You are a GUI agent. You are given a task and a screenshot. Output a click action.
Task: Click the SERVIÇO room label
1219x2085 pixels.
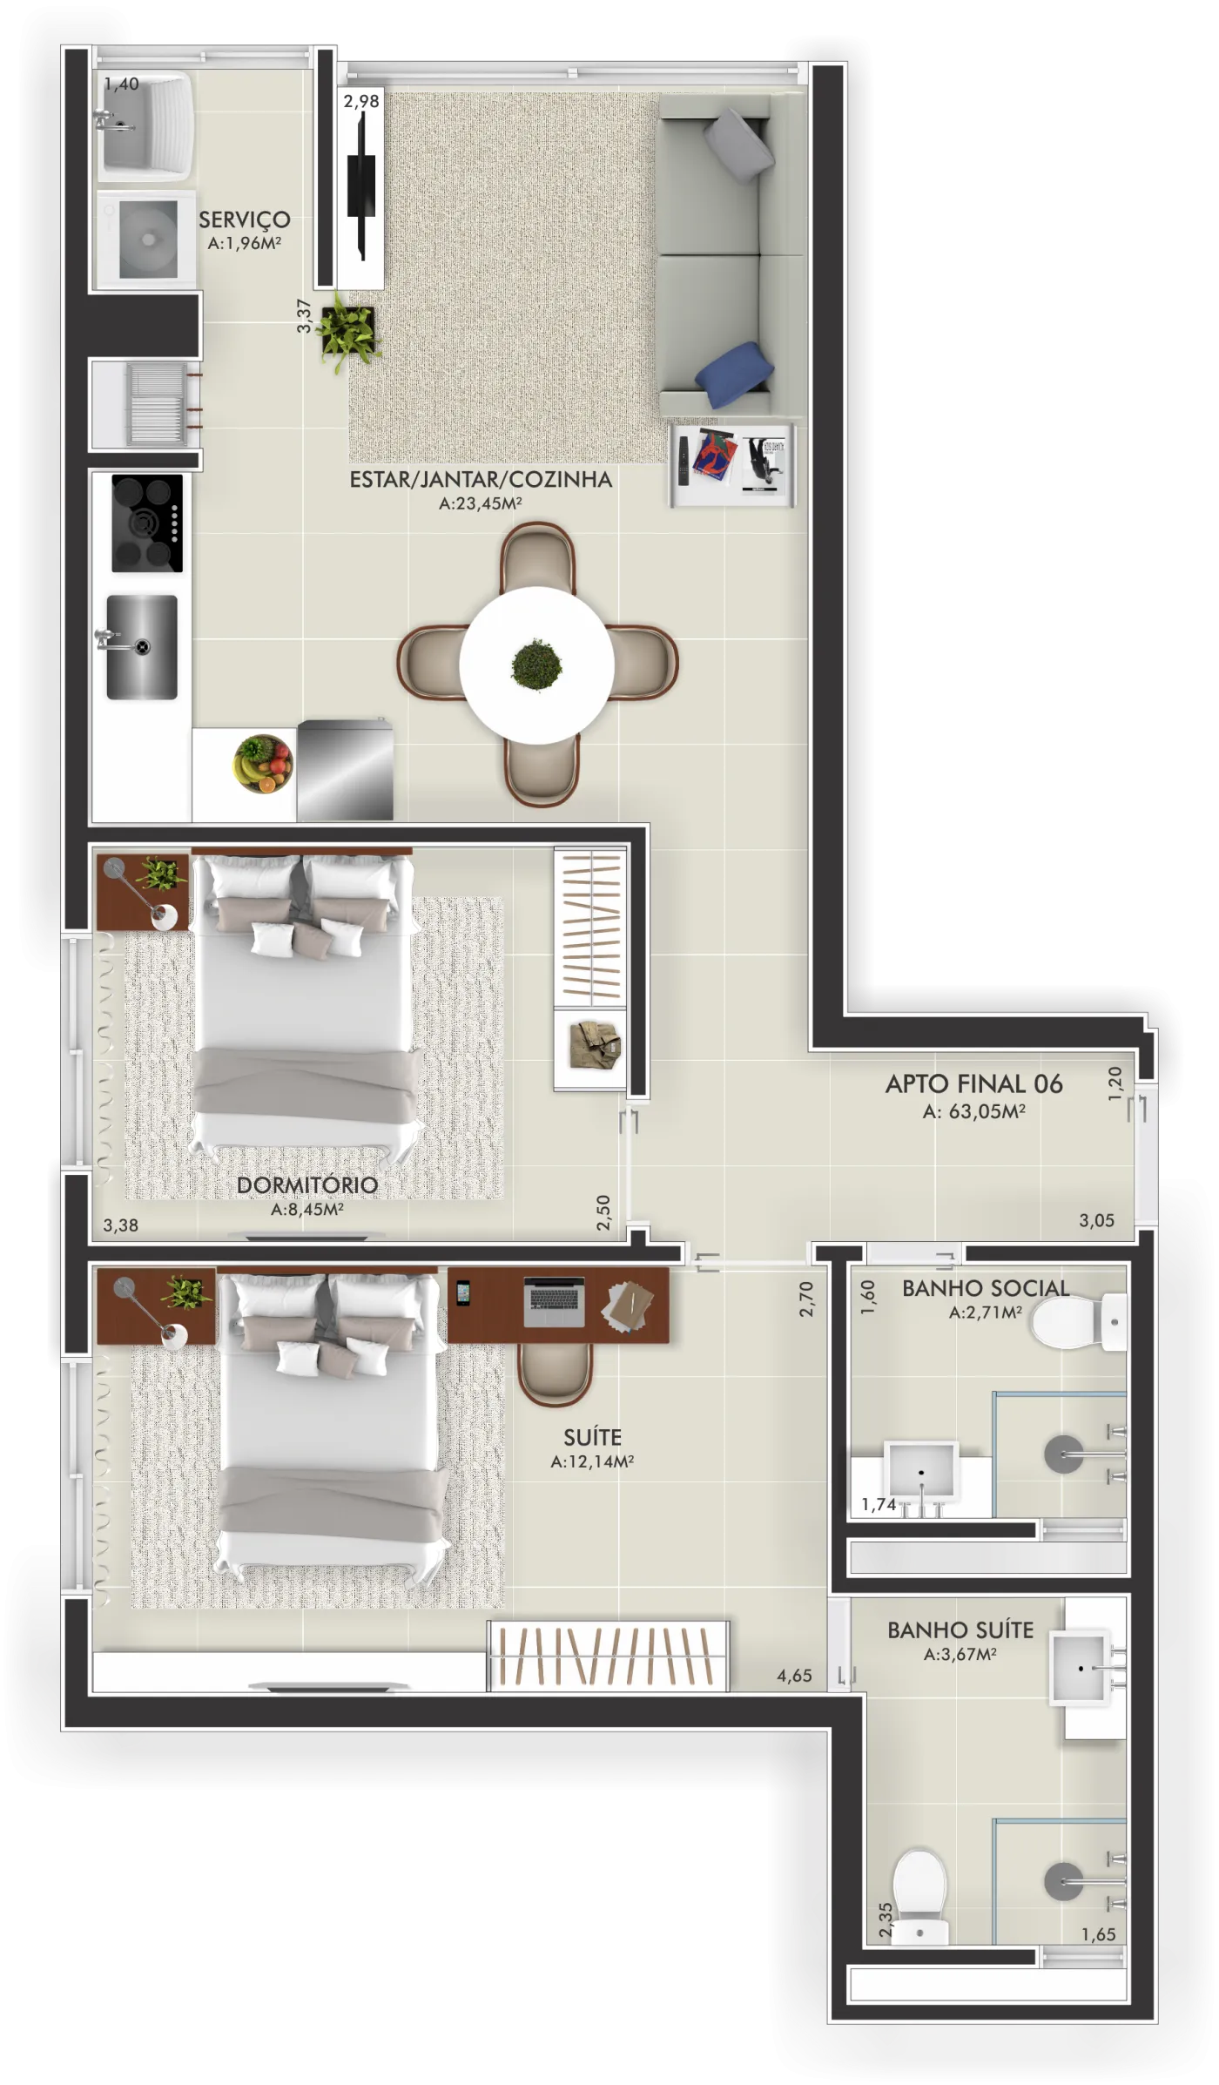tap(244, 219)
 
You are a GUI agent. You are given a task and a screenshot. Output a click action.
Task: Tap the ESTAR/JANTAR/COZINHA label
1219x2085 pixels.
tap(481, 479)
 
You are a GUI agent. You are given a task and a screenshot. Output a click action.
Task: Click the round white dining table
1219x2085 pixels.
tap(537, 665)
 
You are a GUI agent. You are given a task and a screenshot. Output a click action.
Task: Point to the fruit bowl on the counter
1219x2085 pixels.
tap(263, 764)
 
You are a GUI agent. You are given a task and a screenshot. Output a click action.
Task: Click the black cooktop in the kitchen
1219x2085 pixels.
tap(147, 523)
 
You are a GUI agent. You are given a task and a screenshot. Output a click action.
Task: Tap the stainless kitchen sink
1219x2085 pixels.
tap(142, 647)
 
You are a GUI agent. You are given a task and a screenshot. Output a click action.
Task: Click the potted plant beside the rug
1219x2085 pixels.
tap(347, 330)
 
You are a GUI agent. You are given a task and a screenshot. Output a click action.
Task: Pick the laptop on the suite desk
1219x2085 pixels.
tap(555, 1301)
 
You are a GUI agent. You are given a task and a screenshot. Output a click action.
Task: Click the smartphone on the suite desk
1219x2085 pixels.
tap(463, 1292)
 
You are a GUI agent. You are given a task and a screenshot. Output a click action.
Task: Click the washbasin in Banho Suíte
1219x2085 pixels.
tap(1081, 1668)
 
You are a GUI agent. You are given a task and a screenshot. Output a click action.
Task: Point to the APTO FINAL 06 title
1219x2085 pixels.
tap(974, 1083)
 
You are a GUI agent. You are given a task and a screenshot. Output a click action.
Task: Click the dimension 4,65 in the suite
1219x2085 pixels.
tap(794, 1676)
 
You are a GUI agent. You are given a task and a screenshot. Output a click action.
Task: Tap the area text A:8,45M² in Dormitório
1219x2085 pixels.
tap(307, 1209)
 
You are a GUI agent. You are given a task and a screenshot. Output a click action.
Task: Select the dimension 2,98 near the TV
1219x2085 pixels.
tap(361, 101)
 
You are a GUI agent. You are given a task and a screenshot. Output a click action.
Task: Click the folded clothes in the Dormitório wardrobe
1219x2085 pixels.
tap(596, 1045)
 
